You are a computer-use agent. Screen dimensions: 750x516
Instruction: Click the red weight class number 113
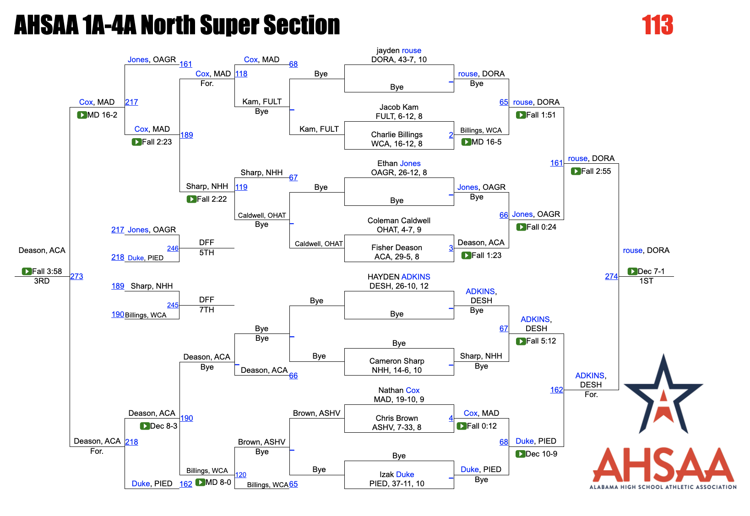[657, 25]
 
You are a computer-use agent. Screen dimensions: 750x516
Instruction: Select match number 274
[611, 276]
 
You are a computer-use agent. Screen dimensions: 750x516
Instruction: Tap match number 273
[76, 276]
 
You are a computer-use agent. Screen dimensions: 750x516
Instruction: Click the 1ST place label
[646, 281]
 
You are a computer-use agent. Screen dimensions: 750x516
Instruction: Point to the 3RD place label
[42, 281]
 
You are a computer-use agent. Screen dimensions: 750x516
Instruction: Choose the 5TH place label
[207, 253]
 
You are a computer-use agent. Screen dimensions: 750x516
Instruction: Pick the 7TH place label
[207, 310]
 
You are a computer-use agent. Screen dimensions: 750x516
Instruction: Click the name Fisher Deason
[397, 247]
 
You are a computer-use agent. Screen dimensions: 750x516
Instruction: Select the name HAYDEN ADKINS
[399, 277]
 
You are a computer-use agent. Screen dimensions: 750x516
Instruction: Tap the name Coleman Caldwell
[399, 220]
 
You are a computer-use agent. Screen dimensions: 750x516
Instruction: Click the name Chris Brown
[397, 418]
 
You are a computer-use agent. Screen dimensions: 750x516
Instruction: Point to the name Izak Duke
[397, 474]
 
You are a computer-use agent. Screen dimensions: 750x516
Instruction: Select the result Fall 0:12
[482, 426]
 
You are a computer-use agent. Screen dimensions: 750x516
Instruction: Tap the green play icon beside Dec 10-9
[521, 454]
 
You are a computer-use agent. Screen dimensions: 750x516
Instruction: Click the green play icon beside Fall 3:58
[27, 271]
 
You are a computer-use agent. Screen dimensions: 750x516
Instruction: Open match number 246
[173, 248]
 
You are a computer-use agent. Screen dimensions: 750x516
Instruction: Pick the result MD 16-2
[102, 115]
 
